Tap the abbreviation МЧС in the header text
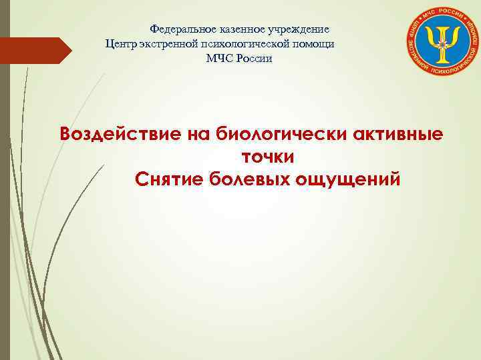click(219, 59)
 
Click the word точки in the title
click(267, 157)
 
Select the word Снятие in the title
click(168, 179)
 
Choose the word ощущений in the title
click(353, 179)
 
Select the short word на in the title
click(199, 134)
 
